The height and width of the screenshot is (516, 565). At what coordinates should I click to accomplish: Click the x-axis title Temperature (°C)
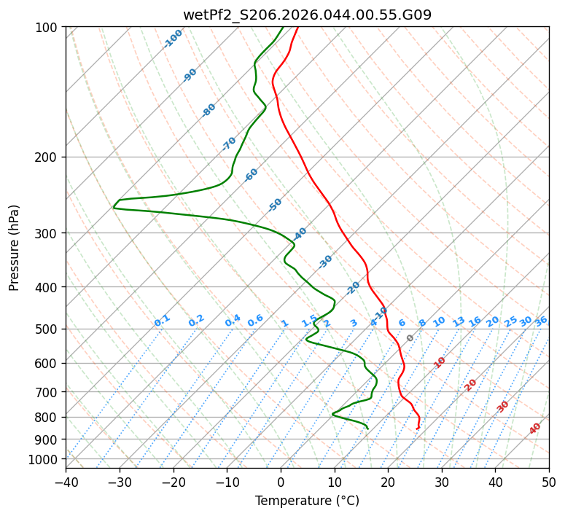[307, 501]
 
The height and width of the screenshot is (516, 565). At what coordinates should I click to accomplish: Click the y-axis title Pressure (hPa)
[14, 248]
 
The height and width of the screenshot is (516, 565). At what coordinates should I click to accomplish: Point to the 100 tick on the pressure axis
[47, 28]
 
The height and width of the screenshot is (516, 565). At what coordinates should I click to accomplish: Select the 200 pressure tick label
[47, 157]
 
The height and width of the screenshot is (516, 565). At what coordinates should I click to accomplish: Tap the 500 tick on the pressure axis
[47, 329]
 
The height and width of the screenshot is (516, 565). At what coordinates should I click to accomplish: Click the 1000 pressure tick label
[44, 460]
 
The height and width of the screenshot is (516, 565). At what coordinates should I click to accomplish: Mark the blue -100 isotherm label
[173, 38]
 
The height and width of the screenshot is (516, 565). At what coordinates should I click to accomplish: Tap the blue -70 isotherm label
[229, 143]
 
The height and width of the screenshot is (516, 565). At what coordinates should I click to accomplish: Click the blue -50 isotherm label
[275, 205]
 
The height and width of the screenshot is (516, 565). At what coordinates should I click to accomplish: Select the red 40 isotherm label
[535, 429]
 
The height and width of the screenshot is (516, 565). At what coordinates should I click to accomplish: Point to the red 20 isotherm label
[470, 384]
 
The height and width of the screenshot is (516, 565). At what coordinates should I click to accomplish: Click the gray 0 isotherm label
[410, 338]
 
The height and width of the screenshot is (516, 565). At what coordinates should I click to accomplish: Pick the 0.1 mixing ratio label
[162, 320]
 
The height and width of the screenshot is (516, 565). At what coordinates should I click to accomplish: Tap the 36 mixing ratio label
[541, 321]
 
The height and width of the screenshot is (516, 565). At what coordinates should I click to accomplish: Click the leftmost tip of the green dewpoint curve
[114, 208]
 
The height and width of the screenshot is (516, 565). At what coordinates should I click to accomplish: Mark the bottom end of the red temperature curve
[417, 429]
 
